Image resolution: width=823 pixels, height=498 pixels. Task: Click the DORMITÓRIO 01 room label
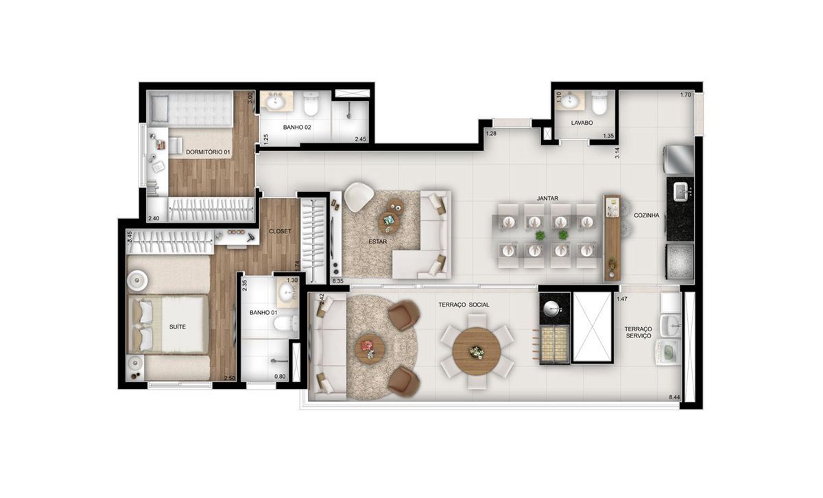point(208,152)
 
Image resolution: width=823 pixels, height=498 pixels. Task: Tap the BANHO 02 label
point(297,127)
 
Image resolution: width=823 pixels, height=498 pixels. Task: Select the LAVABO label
point(582,123)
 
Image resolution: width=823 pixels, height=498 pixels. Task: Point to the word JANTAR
point(547,198)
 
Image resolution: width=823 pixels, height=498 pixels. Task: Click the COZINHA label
point(647,215)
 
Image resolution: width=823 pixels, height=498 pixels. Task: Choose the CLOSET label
point(280,231)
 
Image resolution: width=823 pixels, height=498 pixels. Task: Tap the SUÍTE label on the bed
point(178,327)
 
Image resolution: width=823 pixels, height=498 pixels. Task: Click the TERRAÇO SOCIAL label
point(464,305)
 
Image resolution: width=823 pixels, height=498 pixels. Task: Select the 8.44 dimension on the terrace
point(675,397)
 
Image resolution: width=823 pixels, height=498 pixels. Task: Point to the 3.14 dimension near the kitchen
point(618,153)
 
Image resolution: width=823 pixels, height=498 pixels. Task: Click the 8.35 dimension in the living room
point(337,281)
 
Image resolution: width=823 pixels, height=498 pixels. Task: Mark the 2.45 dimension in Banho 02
point(361,139)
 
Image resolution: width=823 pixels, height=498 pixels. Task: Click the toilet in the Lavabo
point(600,104)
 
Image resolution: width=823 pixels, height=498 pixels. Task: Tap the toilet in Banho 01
point(286,323)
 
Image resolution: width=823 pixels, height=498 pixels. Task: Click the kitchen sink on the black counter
point(681,192)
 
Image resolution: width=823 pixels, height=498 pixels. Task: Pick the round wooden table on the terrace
point(477,351)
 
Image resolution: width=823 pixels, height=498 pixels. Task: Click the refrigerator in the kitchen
point(678,160)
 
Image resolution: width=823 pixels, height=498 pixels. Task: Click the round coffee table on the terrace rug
point(370,348)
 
